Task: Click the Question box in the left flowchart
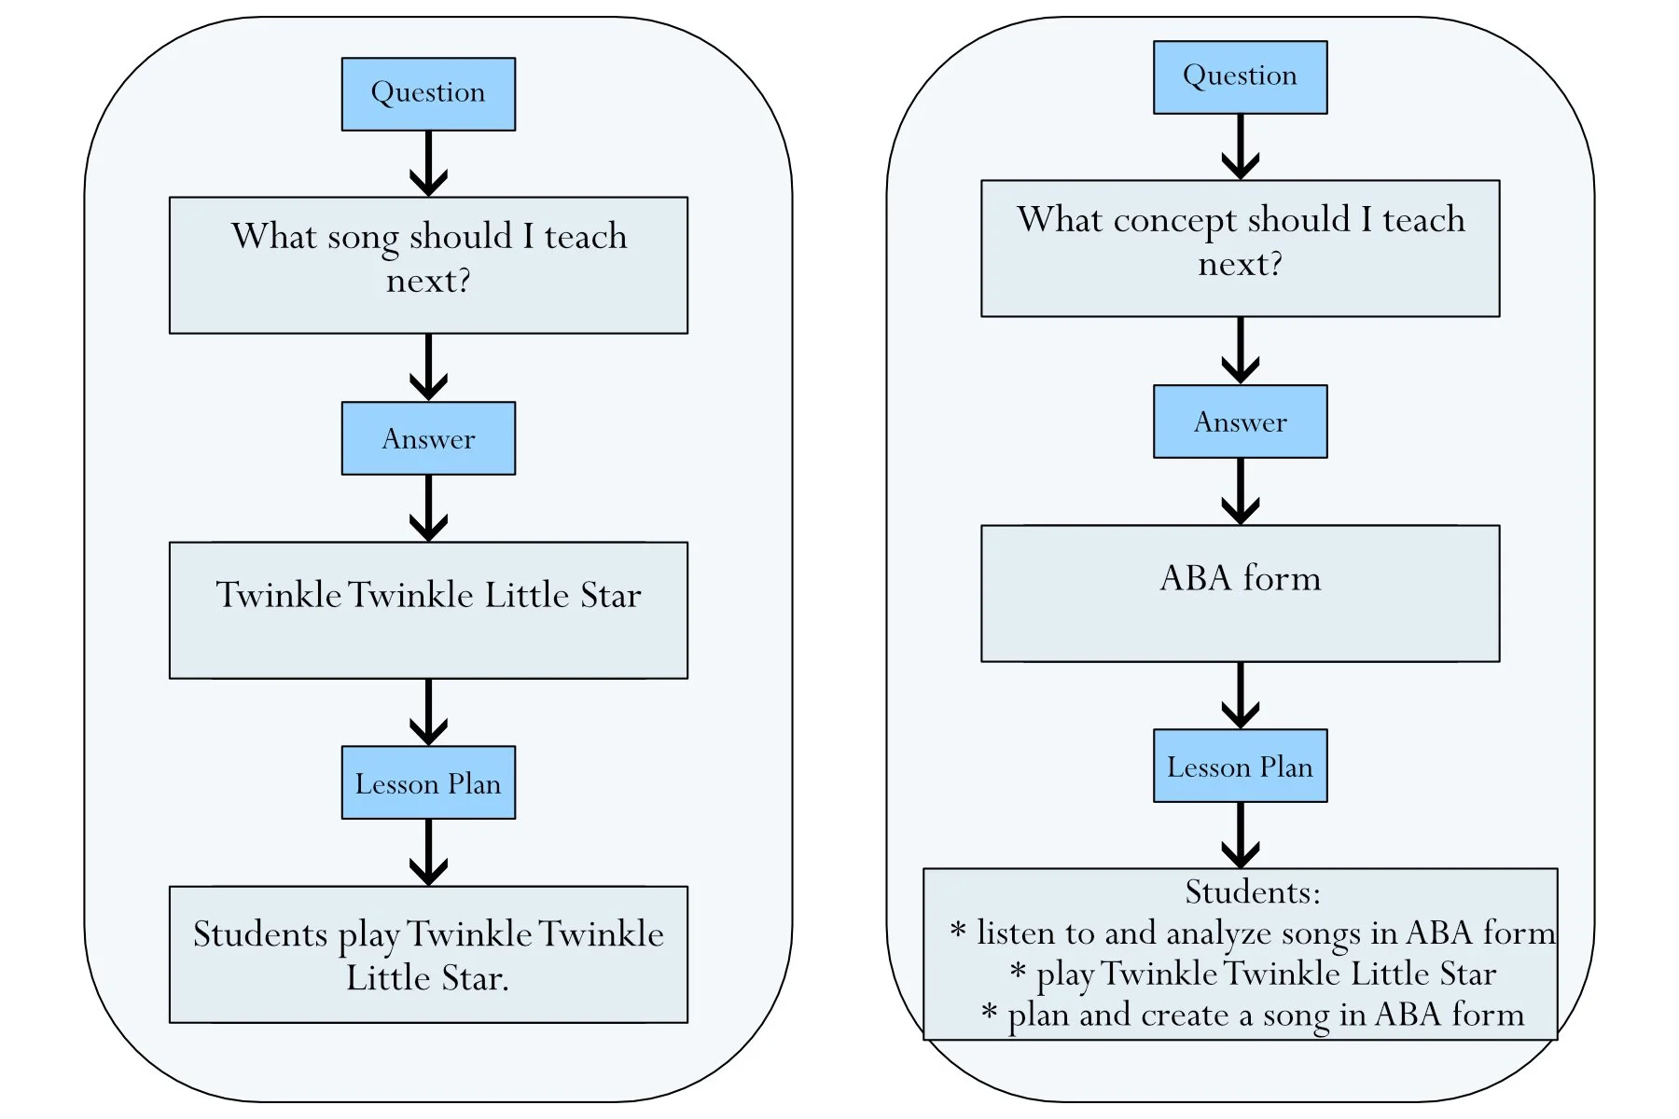point(428,94)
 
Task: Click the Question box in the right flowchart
point(1240,77)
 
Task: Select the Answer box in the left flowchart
point(428,438)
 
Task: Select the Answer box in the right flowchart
point(1240,421)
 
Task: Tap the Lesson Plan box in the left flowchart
point(428,782)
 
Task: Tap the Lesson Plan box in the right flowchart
point(1240,766)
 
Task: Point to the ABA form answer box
point(1240,594)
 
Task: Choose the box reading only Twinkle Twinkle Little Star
point(428,610)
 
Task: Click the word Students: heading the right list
point(1252,892)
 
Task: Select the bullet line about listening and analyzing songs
point(1252,933)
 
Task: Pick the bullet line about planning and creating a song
point(1252,1015)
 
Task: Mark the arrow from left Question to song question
point(428,164)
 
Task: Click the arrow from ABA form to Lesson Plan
point(1240,696)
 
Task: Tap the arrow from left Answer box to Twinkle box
point(428,508)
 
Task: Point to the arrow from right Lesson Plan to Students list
point(1240,836)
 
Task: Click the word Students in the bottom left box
point(260,934)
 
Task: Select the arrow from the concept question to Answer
point(1240,351)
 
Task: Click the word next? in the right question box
point(1240,265)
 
